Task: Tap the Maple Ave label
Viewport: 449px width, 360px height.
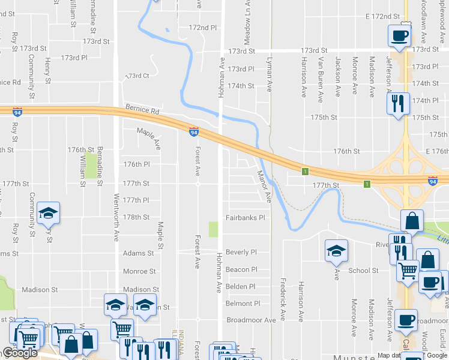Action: [149, 139]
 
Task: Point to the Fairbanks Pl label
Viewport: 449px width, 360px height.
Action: [245, 218]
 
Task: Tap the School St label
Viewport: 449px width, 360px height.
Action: [364, 271]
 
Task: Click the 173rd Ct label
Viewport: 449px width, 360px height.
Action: [137, 76]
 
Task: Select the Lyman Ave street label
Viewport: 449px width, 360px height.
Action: [269, 75]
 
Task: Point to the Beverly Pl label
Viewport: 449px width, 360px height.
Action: [241, 253]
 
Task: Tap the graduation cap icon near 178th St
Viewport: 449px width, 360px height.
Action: [49, 213]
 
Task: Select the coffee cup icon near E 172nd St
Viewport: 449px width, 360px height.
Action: [399, 36]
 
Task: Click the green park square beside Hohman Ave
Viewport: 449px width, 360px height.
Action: [213, 230]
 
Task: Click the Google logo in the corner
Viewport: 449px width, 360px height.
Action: [20, 353]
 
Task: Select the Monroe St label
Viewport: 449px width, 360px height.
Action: [139, 271]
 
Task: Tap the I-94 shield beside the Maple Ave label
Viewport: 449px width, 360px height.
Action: [193, 131]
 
